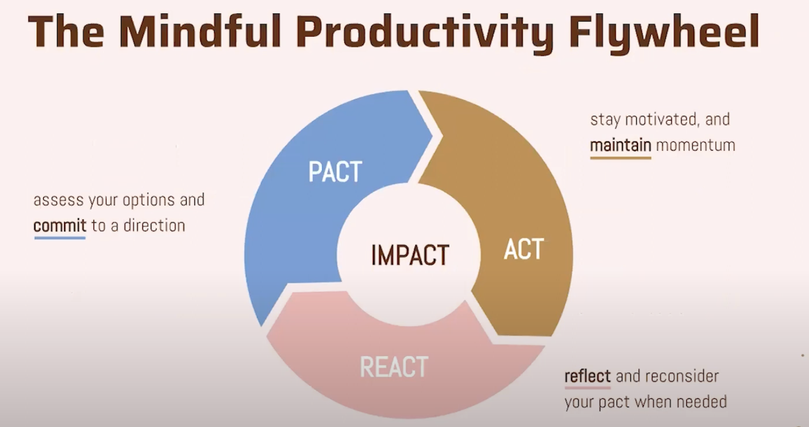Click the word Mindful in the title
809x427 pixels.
pos(200,31)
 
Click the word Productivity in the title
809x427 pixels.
pos(425,34)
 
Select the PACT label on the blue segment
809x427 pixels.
pos(335,172)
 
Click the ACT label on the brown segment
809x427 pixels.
pos(524,249)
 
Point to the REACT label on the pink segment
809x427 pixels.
pos(394,367)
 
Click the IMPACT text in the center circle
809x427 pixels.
pos(410,255)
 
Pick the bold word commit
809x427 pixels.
pos(60,225)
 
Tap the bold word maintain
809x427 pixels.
pos(621,145)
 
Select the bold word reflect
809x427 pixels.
pos(587,376)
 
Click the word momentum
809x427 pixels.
pos(696,145)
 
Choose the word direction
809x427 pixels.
pos(154,225)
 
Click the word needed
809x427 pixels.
pos(702,402)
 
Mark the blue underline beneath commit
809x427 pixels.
pos(60,238)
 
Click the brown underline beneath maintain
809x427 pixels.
pos(621,158)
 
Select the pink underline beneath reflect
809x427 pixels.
pos(587,388)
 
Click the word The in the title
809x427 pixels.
pos(66,31)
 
